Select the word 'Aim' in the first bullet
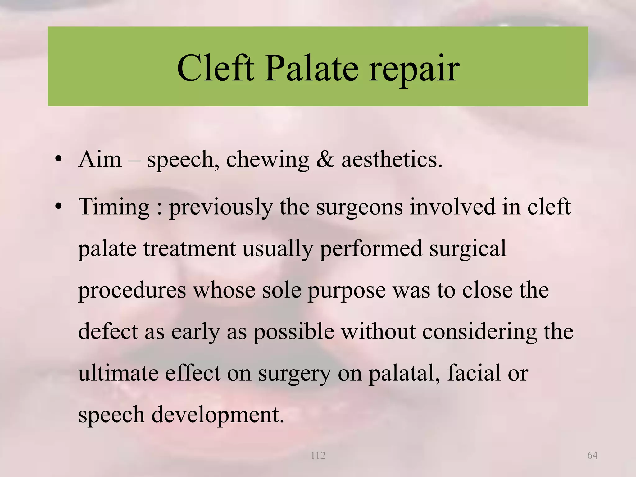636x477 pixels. [x=100, y=160]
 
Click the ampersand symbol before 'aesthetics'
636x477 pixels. [x=325, y=160]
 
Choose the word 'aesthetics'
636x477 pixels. [x=392, y=160]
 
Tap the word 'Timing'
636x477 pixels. [x=114, y=207]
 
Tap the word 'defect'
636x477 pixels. [x=108, y=332]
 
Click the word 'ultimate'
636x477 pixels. [x=118, y=373]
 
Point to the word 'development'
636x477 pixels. [x=217, y=415]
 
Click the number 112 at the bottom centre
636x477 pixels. [x=318, y=456]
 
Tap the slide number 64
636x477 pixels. [x=592, y=456]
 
